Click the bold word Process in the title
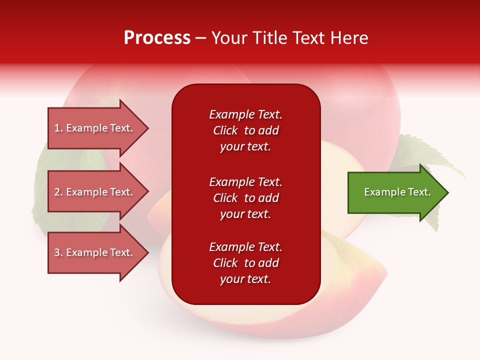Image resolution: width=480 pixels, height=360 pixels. coord(157,38)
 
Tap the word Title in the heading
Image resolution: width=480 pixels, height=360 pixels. coord(271,38)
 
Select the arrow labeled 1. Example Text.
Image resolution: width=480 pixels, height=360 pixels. coord(95,128)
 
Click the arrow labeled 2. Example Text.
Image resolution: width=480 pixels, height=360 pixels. coord(95,192)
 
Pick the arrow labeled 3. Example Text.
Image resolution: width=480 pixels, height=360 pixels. coord(95,252)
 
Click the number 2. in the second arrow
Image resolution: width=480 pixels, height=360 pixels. coord(58,192)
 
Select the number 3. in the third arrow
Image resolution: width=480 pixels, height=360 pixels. coord(58,252)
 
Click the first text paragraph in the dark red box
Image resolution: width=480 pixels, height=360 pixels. coord(245,130)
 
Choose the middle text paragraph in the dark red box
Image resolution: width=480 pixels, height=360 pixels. coord(245,198)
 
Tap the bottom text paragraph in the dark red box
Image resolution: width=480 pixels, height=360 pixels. coord(245,263)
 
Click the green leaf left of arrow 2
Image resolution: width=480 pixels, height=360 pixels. coord(40,200)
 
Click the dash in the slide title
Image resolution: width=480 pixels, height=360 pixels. coord(200,38)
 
